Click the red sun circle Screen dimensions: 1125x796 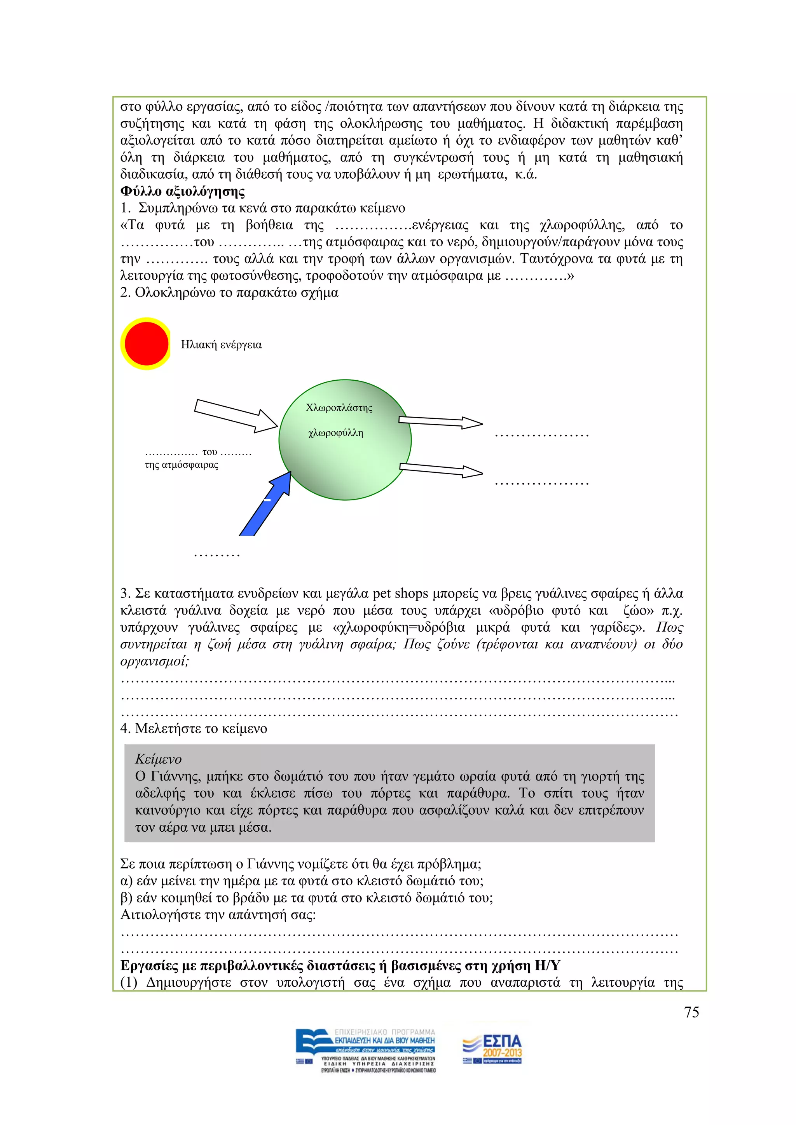tap(146, 343)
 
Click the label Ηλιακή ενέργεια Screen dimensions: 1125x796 tap(221, 345)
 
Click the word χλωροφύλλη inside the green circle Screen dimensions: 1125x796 tap(335, 433)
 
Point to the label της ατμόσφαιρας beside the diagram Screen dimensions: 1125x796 tap(182, 465)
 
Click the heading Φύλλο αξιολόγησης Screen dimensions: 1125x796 tap(182, 191)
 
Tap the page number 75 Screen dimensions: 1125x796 tap(691, 1013)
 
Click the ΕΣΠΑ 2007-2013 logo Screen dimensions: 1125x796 tap(492, 1050)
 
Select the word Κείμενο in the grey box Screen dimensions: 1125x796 tap(158, 759)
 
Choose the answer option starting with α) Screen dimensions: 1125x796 tap(302, 881)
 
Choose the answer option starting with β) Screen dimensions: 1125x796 tap(306, 898)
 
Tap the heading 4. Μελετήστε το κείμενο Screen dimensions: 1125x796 tap(194, 729)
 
